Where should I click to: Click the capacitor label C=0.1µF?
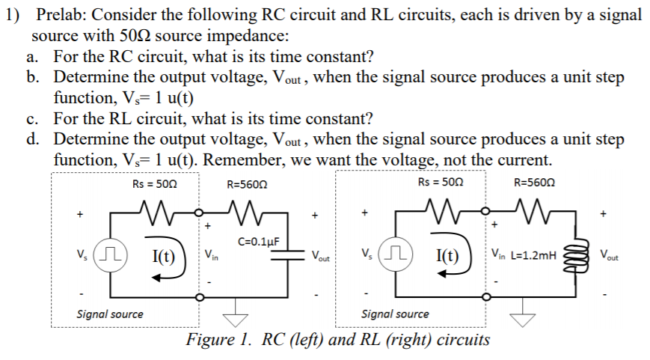click(x=258, y=241)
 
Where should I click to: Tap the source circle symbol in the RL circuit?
click(x=395, y=254)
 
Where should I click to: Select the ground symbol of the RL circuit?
click(x=527, y=318)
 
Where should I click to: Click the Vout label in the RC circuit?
click(x=324, y=257)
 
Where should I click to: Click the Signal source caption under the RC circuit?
click(x=110, y=314)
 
